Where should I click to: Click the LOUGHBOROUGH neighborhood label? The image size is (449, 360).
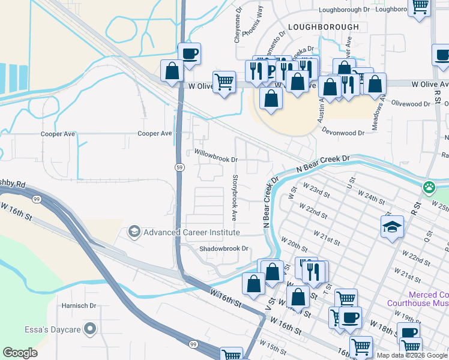tap(323, 27)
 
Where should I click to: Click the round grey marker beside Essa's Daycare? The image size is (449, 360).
tap(90, 328)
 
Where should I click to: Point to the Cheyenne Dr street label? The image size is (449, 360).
tap(238, 25)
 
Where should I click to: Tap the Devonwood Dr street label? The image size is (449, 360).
tap(343, 131)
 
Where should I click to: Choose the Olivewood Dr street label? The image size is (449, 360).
tap(411, 104)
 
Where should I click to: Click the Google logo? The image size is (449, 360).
tap(20, 353)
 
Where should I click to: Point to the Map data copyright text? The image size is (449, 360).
tap(412, 355)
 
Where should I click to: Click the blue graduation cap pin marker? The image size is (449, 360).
tap(392, 227)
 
